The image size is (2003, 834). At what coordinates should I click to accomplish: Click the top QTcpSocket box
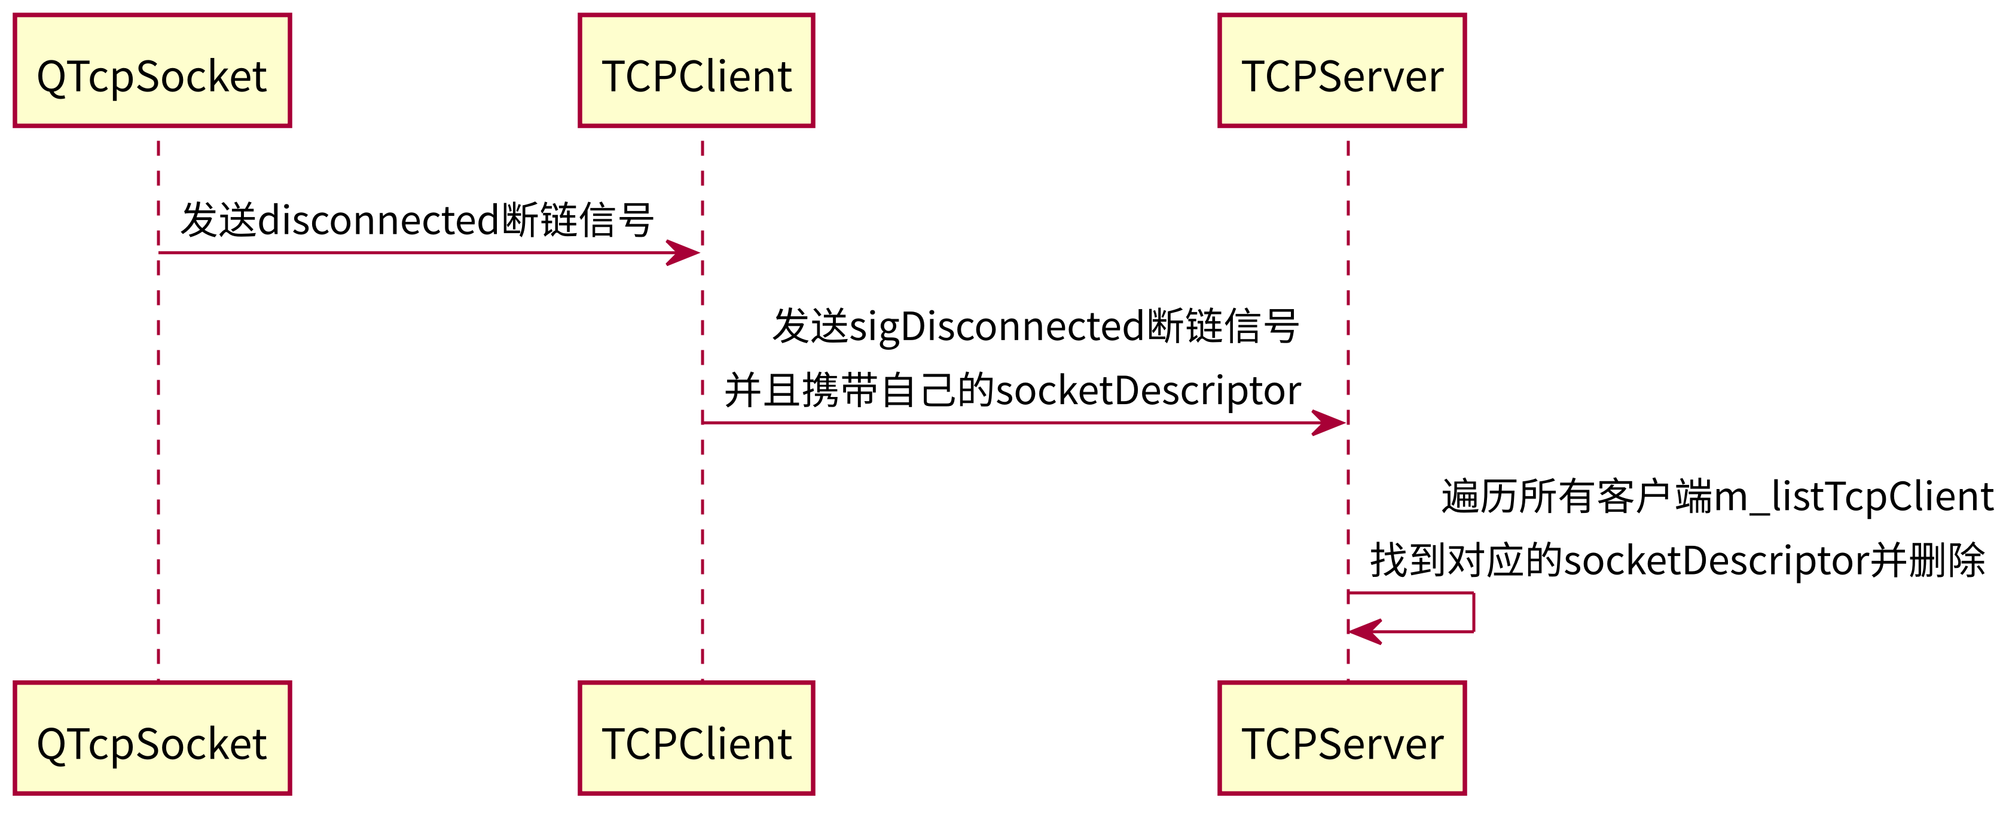click(x=152, y=70)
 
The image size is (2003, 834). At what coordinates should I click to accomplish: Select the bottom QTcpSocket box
click(x=152, y=738)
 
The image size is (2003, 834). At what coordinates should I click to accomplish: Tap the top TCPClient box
click(x=696, y=70)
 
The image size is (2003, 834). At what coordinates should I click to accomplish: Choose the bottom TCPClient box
click(x=696, y=738)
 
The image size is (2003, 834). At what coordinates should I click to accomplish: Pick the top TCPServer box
click(x=1341, y=70)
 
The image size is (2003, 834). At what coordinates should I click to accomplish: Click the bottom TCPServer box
click(x=1341, y=738)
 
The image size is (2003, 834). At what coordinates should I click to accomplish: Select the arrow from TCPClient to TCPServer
click(x=1011, y=423)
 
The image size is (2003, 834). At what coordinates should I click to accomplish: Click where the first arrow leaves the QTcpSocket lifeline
click(x=160, y=253)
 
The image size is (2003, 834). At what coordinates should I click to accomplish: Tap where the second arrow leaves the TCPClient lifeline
click(x=704, y=423)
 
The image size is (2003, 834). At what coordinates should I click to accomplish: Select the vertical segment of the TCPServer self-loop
click(x=1473, y=612)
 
